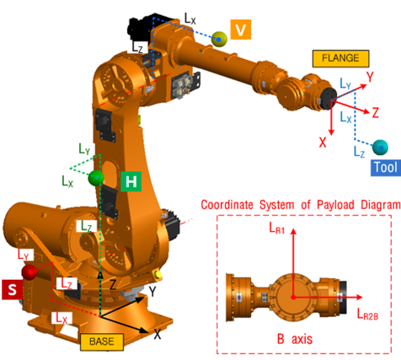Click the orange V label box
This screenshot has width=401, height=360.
pyautogui.click(x=241, y=30)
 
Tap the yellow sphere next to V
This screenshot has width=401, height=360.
pyautogui.click(x=219, y=39)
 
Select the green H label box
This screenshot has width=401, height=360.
pyautogui.click(x=131, y=181)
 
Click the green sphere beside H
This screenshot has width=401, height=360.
pyautogui.click(x=96, y=178)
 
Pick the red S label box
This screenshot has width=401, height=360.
pyautogui.click(x=12, y=289)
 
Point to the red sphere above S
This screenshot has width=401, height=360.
pyautogui.click(x=29, y=271)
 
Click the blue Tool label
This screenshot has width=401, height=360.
pyautogui.click(x=386, y=168)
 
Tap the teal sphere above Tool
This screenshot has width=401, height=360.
pyautogui.click(x=380, y=147)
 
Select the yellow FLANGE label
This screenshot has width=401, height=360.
pyautogui.click(x=340, y=58)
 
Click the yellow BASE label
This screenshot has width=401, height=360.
pyautogui.click(x=102, y=342)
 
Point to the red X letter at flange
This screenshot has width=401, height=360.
pyautogui.click(x=323, y=142)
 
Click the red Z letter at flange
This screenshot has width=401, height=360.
pyautogui.click(x=376, y=112)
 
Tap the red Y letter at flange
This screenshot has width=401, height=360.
pyautogui.click(x=370, y=77)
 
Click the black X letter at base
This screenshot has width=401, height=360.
pyautogui.click(x=158, y=334)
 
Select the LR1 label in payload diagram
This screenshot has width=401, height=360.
pyautogui.click(x=277, y=228)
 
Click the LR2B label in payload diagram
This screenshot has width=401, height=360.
pyautogui.click(x=367, y=314)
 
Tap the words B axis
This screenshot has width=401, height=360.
pyautogui.click(x=295, y=339)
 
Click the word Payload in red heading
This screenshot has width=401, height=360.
pyautogui.click(x=335, y=205)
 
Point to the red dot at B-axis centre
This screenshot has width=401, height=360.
pyautogui.click(x=293, y=297)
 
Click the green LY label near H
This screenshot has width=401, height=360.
pyautogui.click(x=84, y=148)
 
